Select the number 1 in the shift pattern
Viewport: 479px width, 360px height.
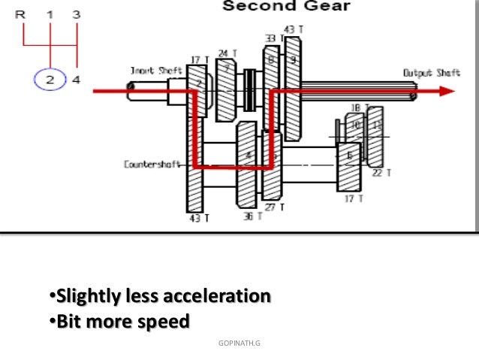50,14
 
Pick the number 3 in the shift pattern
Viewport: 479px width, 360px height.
77,14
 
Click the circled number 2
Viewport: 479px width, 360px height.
50,80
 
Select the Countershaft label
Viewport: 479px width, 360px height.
152,163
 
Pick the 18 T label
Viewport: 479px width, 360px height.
354,108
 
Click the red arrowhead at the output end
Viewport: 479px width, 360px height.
447,91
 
